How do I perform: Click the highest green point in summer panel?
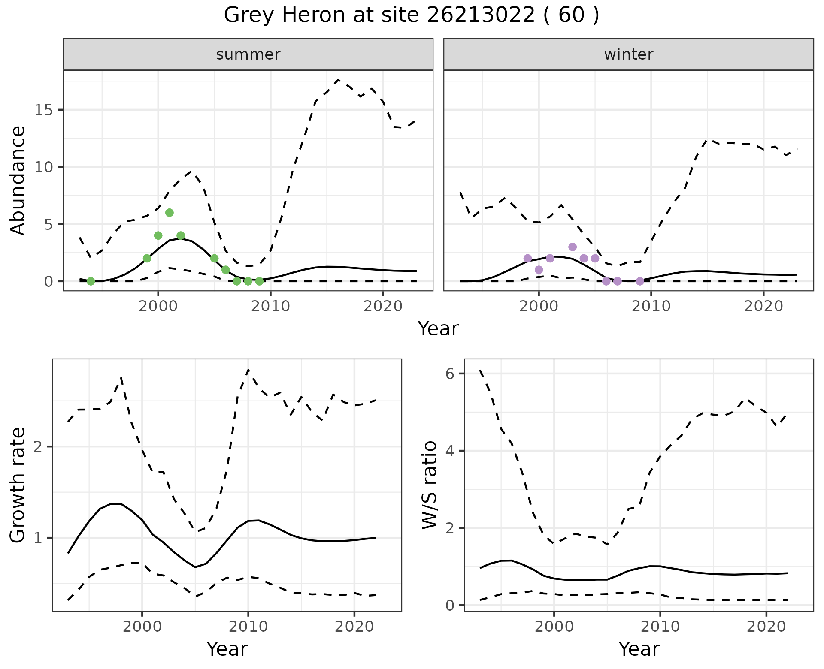169,213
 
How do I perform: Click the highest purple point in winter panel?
573,247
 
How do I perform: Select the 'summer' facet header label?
248,54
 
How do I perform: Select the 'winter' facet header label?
628,54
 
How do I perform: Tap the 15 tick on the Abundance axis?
43,110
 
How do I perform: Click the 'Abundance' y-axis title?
18,181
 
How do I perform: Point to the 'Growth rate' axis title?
18,485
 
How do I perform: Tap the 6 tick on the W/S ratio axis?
450,374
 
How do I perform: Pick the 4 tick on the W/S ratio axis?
450,451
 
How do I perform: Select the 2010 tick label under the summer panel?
270,307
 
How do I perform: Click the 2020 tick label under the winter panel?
763,307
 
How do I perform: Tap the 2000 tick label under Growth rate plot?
142,627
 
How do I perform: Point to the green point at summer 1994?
91,281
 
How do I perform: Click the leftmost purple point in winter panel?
527,258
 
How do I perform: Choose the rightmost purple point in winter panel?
640,281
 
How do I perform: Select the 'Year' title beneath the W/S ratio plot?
639,649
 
